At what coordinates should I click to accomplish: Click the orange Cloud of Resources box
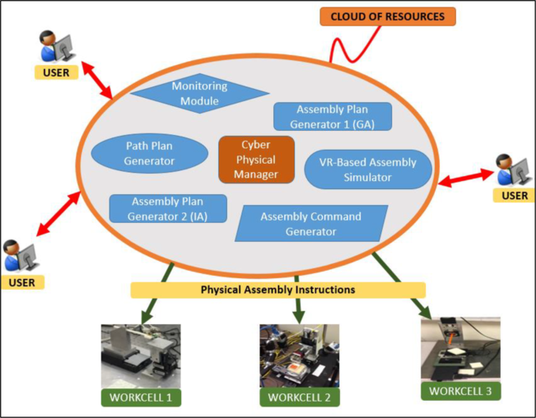(x=387, y=16)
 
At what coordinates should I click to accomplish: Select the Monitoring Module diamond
(x=198, y=94)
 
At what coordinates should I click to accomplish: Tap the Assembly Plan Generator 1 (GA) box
(x=332, y=116)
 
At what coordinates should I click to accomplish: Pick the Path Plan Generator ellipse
(x=149, y=153)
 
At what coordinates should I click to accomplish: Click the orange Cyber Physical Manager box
(x=256, y=159)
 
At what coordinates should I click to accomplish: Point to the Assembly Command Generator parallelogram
(x=310, y=224)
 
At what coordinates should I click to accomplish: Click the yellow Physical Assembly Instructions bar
(x=278, y=290)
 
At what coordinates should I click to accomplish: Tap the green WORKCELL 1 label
(x=141, y=397)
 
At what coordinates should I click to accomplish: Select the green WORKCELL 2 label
(x=299, y=397)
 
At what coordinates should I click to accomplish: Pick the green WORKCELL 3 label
(x=460, y=391)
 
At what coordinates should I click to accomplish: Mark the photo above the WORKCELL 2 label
(x=299, y=355)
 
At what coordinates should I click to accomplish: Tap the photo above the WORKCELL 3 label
(x=460, y=349)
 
